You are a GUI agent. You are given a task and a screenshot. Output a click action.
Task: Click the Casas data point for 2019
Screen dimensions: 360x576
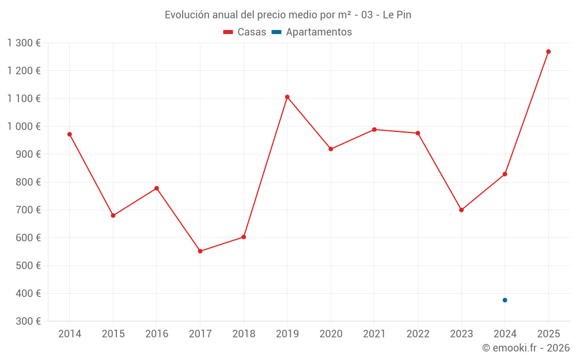(x=287, y=97)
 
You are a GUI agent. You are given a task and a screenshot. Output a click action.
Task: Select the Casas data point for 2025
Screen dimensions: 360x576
(x=548, y=52)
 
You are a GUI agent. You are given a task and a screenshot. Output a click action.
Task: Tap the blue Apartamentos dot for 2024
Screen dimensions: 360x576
(x=505, y=300)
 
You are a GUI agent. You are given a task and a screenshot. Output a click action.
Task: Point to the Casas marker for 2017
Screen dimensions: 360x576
(x=200, y=251)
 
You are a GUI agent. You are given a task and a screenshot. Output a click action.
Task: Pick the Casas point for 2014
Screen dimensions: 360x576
(x=70, y=134)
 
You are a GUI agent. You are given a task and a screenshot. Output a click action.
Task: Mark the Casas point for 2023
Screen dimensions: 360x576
(x=461, y=210)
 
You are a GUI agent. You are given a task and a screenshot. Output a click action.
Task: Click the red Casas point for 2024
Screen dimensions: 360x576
(x=505, y=174)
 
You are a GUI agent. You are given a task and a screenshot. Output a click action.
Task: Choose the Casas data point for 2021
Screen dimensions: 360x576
(x=374, y=130)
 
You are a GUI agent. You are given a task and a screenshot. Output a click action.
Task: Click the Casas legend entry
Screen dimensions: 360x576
(x=245, y=32)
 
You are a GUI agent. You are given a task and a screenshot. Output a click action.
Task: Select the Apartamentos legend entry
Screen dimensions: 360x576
(x=312, y=32)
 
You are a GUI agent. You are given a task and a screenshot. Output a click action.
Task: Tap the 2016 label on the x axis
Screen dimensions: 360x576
(x=157, y=334)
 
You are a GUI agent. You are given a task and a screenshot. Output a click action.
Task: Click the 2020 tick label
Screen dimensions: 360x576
(x=331, y=334)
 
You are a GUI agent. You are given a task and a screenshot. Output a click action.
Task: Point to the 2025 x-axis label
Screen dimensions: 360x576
(x=548, y=334)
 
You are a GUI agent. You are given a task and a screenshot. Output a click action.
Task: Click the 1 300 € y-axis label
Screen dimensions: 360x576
(x=24, y=43)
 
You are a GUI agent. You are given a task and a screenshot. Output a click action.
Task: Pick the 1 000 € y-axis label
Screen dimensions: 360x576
(x=24, y=127)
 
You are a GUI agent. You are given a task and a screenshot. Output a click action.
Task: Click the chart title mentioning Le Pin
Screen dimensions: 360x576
(x=288, y=15)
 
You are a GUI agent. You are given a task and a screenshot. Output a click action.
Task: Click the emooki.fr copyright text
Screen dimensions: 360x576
(x=526, y=348)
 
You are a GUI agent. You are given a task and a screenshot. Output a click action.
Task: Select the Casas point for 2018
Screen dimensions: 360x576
(x=244, y=237)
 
